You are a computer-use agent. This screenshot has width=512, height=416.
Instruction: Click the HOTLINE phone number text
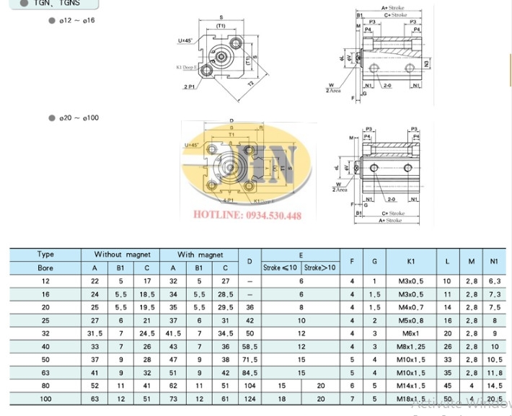[247, 216]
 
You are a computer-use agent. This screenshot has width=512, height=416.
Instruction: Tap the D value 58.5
[250, 347]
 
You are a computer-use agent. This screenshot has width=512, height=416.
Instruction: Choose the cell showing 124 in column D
[250, 399]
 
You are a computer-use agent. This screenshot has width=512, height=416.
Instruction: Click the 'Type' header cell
[46, 255]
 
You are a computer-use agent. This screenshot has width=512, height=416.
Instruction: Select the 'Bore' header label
[46, 267]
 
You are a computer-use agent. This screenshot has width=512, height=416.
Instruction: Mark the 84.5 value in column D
[250, 373]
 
